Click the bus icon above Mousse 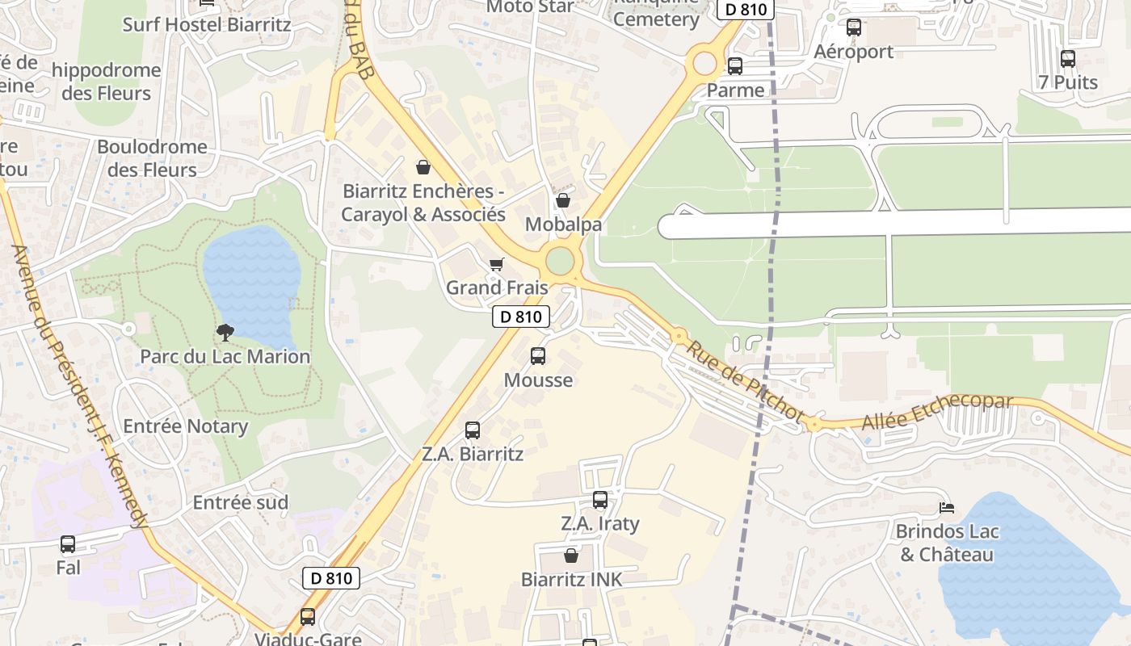[537, 356]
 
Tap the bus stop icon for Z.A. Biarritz [473, 430]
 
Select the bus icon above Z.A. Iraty [599, 500]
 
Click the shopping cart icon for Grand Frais [497, 264]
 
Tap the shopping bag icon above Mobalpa [563, 199]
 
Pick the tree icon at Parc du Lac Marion [225, 332]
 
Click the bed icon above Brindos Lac [947, 508]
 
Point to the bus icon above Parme [735, 66]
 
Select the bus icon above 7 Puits [1068, 58]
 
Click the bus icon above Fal [68, 544]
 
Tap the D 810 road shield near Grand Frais [521, 317]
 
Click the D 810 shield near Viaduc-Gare [331, 578]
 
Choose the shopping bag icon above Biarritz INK [571, 556]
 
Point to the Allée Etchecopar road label [936, 412]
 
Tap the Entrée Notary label [185, 426]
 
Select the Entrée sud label [240, 502]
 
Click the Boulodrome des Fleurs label [152, 158]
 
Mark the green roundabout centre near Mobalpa [560, 262]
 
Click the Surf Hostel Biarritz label [206, 24]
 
